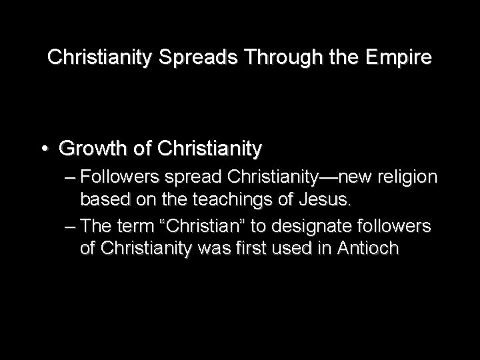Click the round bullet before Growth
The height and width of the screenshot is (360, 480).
(45, 149)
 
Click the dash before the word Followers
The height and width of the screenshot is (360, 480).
(71, 179)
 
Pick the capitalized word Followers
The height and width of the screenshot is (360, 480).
(118, 179)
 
